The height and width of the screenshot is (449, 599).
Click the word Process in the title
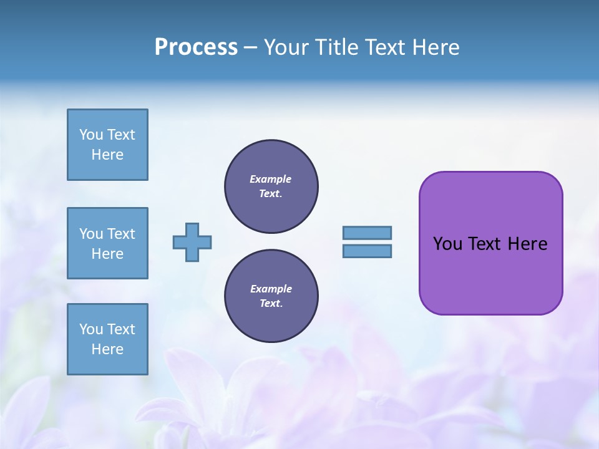(196, 47)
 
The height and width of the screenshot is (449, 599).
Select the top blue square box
(107, 145)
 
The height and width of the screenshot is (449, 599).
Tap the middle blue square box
(107, 243)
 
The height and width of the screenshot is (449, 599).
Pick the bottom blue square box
(107, 339)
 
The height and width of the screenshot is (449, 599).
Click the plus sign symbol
(192, 242)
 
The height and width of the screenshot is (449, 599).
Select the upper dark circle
(271, 186)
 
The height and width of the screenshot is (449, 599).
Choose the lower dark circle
(271, 296)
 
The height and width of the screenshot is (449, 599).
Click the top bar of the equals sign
(367, 233)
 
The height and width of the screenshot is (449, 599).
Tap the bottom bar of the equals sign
(367, 251)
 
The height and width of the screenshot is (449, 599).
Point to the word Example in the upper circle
(271, 179)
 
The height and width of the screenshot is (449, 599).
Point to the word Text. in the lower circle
(271, 304)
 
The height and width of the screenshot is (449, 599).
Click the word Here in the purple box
(527, 244)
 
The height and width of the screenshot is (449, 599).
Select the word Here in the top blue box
(107, 155)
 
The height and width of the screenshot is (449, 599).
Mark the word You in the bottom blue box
(91, 329)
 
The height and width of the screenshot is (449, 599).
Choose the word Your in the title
(285, 47)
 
